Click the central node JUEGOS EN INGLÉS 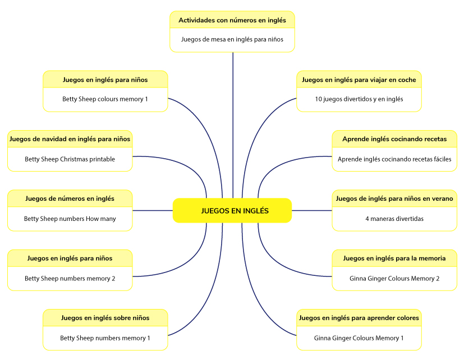tap(232, 211)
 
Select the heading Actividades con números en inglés tap(232, 20)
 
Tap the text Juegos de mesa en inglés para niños tap(232, 39)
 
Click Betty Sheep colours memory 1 tap(105, 99)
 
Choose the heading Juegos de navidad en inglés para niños tap(70, 139)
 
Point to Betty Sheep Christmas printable tap(70, 159)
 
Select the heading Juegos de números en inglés tap(70, 199)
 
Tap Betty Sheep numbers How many tap(70, 219)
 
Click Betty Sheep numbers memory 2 tap(70, 278)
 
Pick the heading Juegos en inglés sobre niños tap(105, 318)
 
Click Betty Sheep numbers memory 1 tap(105, 338)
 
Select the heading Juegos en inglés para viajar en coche tap(359, 80)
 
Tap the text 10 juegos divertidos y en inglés tap(359, 99)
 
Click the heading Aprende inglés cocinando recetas tap(394, 139)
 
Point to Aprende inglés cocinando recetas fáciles tap(394, 159)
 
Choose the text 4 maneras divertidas tap(394, 219)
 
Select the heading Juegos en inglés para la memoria tap(394, 259)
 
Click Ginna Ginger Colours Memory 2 tap(394, 278)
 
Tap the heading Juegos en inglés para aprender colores tap(359, 318)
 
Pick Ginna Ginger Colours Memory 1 tap(359, 338)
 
